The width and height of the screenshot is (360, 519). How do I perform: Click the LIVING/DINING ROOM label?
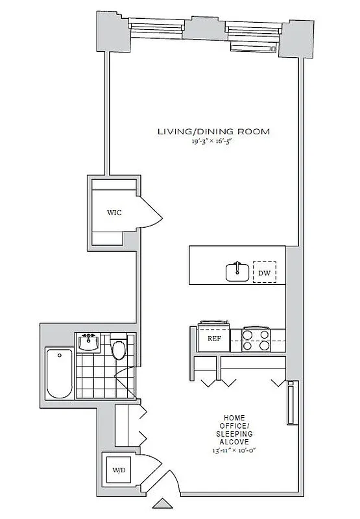coord(213,132)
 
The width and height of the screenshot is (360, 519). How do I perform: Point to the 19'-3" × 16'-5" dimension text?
coord(213,141)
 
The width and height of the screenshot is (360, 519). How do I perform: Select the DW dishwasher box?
coord(264,273)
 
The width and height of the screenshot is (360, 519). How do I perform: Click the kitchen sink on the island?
coord(237,272)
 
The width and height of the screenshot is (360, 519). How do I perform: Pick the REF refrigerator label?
coord(214,338)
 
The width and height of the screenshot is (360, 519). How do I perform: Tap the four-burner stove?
coord(256,341)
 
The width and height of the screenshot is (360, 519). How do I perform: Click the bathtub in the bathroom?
coord(60,374)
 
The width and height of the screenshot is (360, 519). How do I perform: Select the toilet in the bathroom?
coord(119,348)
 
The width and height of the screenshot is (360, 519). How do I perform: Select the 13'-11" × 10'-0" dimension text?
coord(238,450)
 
